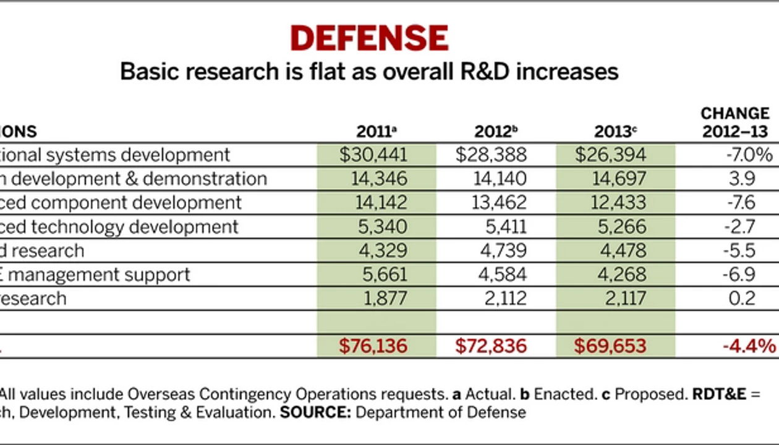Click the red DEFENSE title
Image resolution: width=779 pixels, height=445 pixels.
[x=369, y=38]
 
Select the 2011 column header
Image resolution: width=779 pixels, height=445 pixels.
[x=376, y=132]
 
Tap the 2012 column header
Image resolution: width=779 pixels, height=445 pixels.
[x=496, y=132]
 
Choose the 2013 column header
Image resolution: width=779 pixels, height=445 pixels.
[x=615, y=132]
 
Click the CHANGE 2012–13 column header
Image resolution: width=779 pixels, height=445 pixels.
[x=734, y=122]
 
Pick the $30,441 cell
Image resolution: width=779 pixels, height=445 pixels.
[x=373, y=155]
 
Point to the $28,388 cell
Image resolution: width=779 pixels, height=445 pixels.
[x=491, y=155]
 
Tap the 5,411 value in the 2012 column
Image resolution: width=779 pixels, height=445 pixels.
[x=505, y=227]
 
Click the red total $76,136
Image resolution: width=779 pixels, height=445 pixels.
[x=373, y=346]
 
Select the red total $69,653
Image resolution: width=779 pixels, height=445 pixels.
[x=610, y=346]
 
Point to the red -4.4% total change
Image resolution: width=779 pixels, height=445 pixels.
[x=749, y=346]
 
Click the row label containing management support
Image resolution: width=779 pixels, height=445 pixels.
[x=95, y=274]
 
